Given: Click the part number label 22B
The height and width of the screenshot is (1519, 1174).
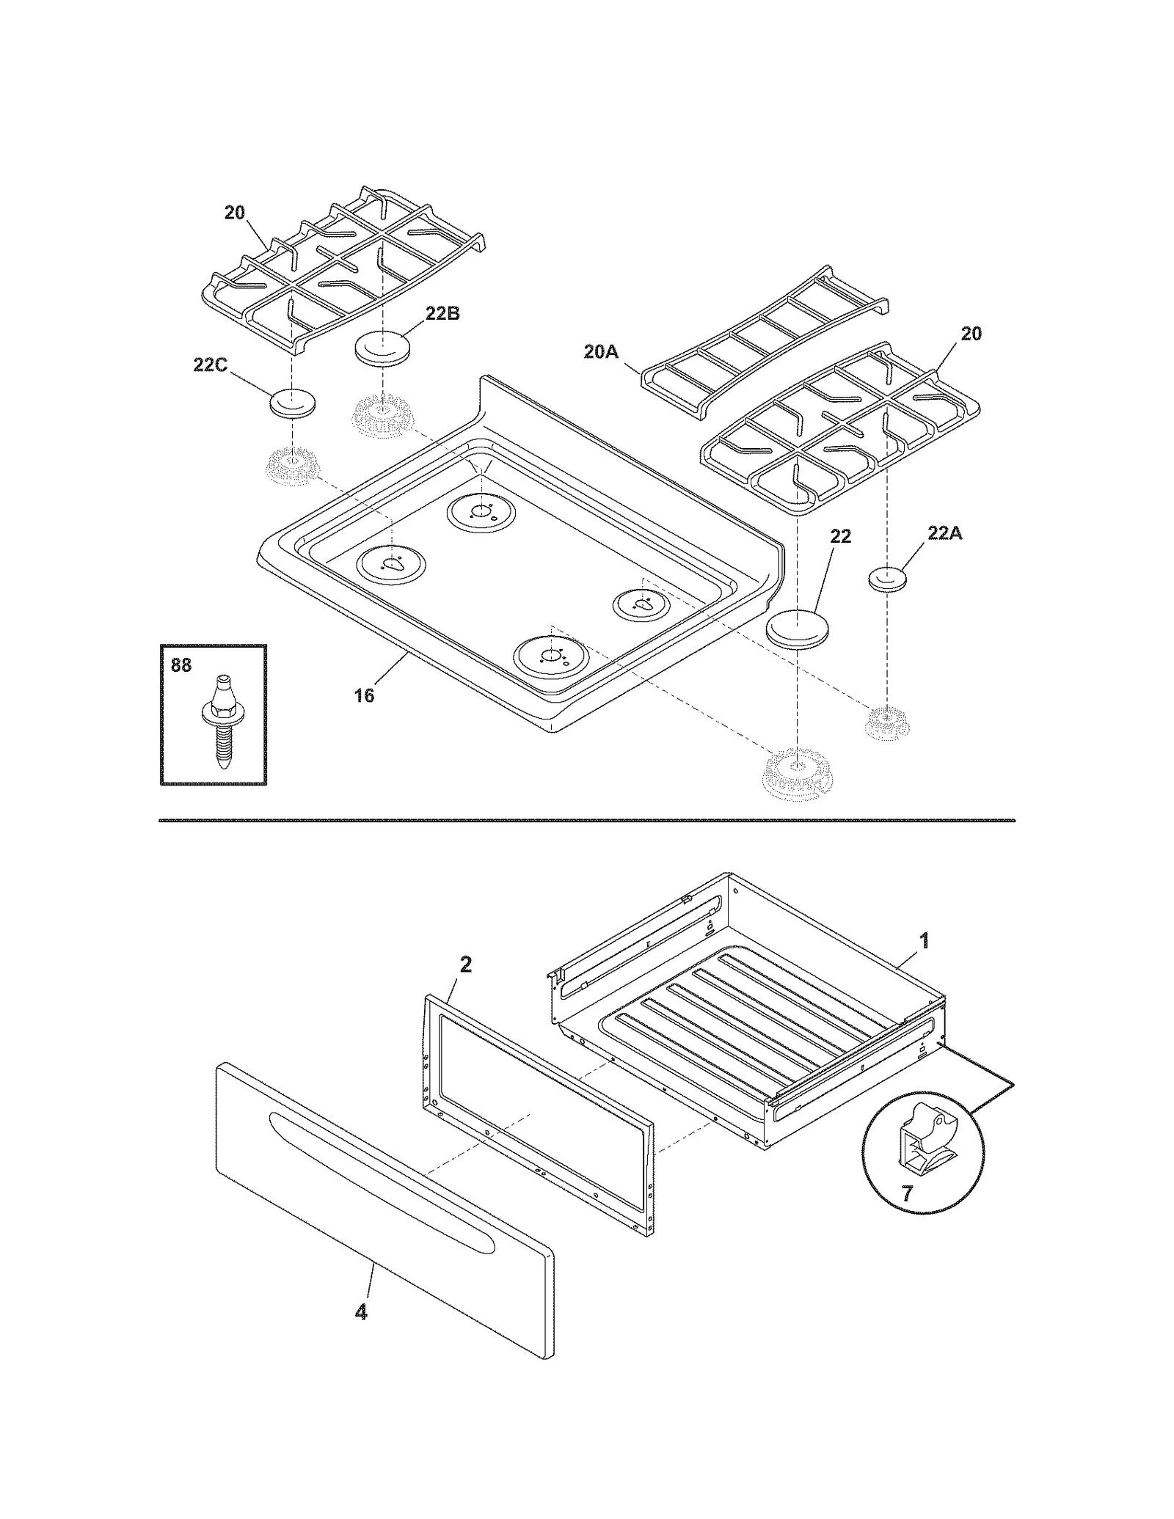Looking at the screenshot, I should pos(442,313).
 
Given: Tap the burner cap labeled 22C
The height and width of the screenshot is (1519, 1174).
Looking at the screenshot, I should pos(293,403).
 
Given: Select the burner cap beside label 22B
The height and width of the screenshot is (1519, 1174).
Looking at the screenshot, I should pos(382,348).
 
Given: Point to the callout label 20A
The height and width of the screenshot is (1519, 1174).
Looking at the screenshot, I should pos(601,352).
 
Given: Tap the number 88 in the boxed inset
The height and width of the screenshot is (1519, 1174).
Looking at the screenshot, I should pos(181,665).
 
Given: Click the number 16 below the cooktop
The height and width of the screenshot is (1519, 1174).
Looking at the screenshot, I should pos(364,695).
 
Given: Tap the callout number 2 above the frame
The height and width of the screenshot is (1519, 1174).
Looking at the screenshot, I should pos(465,965).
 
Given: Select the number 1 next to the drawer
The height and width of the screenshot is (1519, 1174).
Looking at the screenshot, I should pos(925,940).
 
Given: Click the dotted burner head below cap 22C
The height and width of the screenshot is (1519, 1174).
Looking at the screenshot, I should pos(291,467).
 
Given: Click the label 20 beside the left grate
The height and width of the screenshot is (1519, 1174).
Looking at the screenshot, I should pos(235,213).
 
